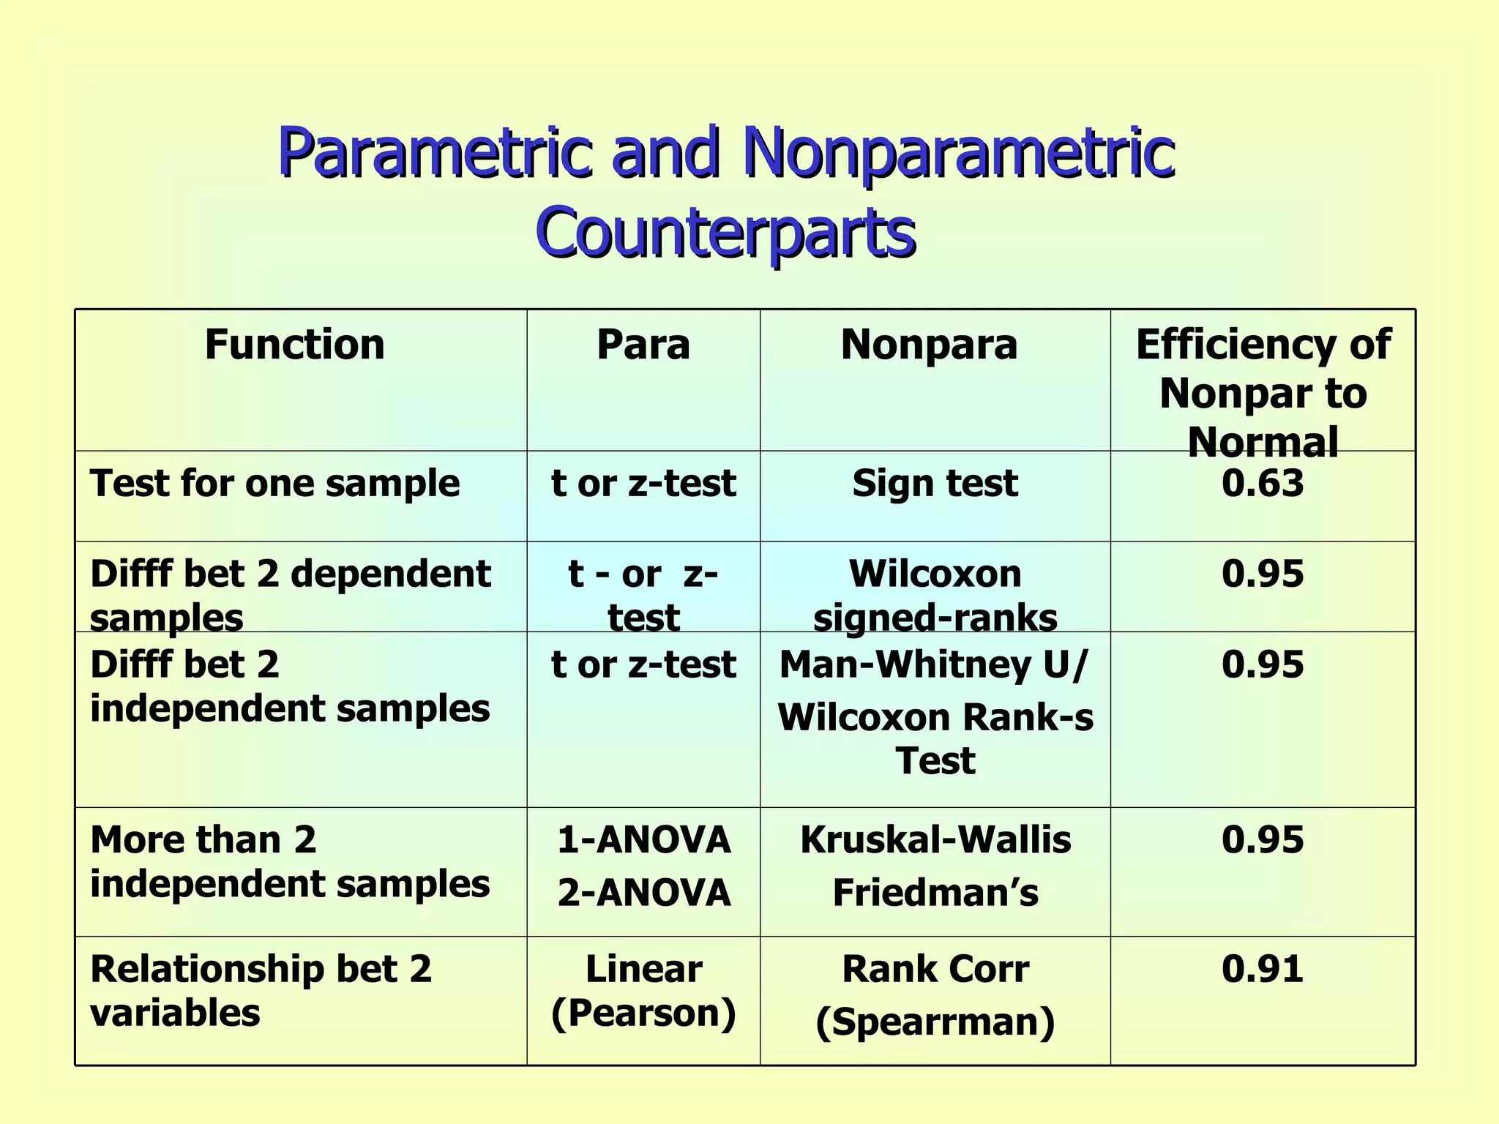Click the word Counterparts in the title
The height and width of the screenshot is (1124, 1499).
pyautogui.click(x=725, y=231)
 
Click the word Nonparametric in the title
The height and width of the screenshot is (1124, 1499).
pyautogui.click(x=959, y=152)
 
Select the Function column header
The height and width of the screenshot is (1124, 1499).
pyautogui.click(x=294, y=345)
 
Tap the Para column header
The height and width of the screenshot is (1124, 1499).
pyautogui.click(x=643, y=345)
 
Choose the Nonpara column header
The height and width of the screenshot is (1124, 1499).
pyautogui.click(x=929, y=345)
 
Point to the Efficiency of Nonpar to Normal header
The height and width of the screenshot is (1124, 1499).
pyautogui.click(x=1263, y=393)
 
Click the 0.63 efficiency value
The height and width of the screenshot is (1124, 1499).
pyautogui.click(x=1263, y=484)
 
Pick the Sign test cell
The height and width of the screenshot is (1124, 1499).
pyautogui.click(x=935, y=484)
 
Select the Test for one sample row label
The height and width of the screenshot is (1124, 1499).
pyautogui.click(x=274, y=484)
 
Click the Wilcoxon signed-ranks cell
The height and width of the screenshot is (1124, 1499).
pyautogui.click(x=935, y=595)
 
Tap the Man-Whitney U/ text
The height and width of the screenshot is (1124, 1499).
pyautogui.click(x=934, y=664)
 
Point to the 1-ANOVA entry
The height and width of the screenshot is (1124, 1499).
pyautogui.click(x=643, y=840)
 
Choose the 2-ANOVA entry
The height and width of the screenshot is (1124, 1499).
pyautogui.click(x=643, y=893)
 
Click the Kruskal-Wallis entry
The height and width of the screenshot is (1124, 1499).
pyautogui.click(x=935, y=840)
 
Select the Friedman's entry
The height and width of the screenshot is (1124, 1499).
pyautogui.click(x=935, y=893)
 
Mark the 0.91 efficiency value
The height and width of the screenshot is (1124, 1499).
pyautogui.click(x=1263, y=969)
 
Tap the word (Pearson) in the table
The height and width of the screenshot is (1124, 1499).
pyautogui.click(x=643, y=1014)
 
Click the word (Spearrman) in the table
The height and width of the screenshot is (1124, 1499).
pyautogui.click(x=935, y=1022)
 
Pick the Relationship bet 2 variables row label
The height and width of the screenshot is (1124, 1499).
pyautogui.click(x=261, y=991)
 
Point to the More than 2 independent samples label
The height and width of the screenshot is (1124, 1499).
pyautogui.click(x=289, y=861)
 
